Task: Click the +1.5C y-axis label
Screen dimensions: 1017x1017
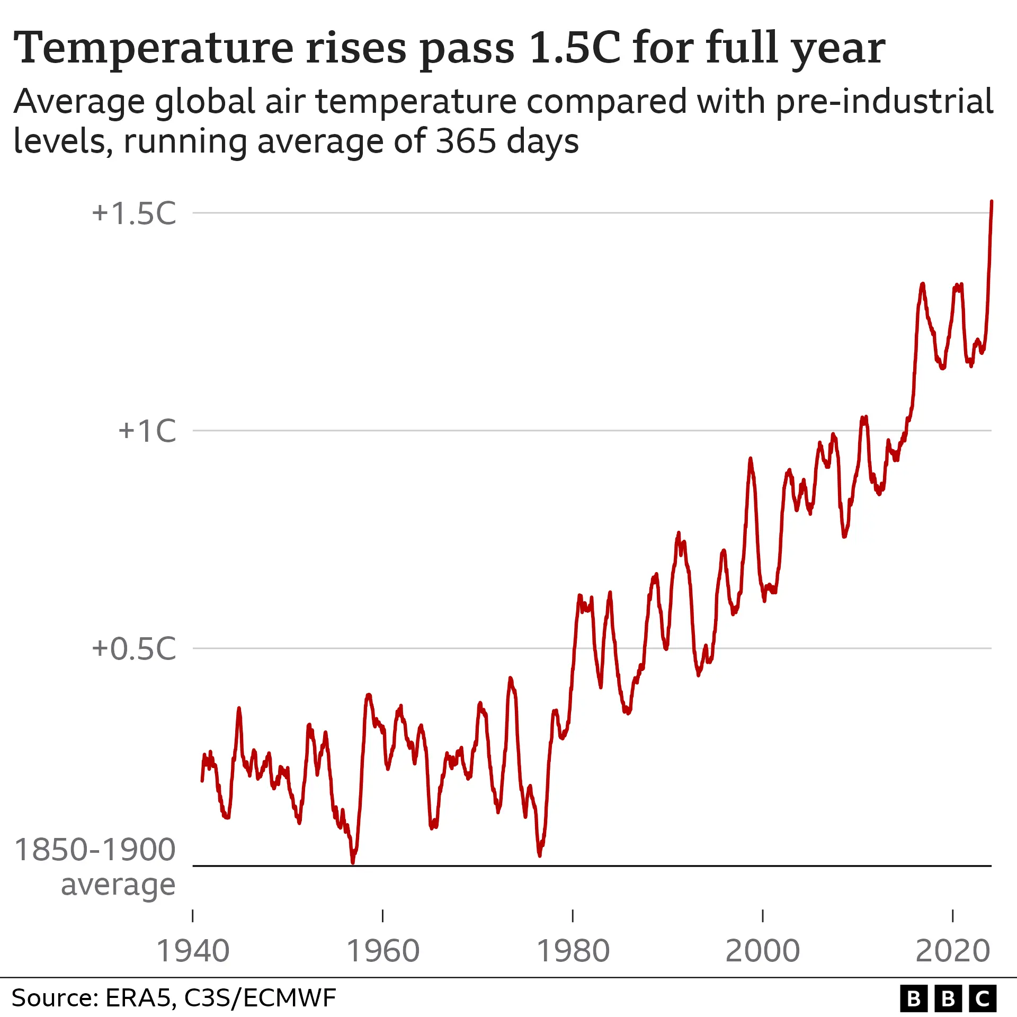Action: (134, 213)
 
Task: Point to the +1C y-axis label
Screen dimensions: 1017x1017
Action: (147, 431)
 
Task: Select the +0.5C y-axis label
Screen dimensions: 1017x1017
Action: (134, 648)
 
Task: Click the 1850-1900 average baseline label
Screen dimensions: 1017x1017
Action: (95, 867)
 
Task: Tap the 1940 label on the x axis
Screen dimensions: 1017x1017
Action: (193, 951)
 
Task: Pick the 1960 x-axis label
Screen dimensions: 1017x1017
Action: (383, 951)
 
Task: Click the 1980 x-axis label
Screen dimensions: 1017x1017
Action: (573, 951)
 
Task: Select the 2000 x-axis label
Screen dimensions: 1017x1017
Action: (762, 951)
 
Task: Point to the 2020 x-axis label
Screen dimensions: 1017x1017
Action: (952, 951)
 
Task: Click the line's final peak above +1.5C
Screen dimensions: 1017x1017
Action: (992, 202)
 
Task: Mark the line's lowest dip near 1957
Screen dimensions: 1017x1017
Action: (353, 862)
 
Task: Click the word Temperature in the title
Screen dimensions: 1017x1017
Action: (153, 49)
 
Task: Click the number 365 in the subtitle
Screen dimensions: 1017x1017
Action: (466, 142)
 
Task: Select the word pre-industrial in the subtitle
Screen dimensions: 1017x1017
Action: (884, 102)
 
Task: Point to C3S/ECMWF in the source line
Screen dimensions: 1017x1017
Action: (260, 998)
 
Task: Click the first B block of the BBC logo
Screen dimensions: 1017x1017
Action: (914, 998)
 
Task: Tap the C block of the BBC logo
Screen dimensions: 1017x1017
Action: (983, 998)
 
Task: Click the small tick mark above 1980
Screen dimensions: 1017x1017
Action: (573, 916)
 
